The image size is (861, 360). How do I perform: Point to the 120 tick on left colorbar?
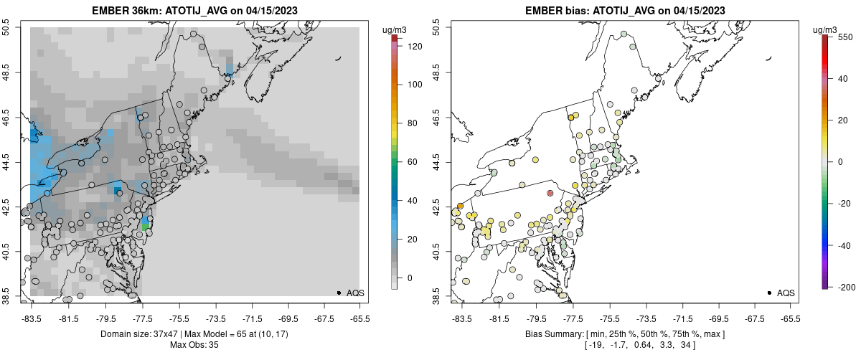[x=414, y=46]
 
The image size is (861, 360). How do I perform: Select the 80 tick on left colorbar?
[x=414, y=123]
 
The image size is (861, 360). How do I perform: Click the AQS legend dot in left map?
[x=339, y=293]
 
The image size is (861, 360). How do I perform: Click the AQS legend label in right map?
[x=786, y=293]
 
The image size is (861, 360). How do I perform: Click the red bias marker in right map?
[x=550, y=194]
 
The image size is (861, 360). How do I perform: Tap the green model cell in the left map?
[x=146, y=227]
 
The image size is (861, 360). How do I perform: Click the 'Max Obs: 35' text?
[x=194, y=345]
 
